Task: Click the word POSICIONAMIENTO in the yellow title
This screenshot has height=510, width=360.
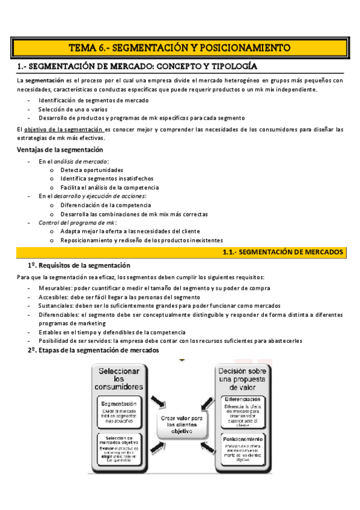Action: pos(245,48)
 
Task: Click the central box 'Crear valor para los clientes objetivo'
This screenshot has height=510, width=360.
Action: pos(181,423)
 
